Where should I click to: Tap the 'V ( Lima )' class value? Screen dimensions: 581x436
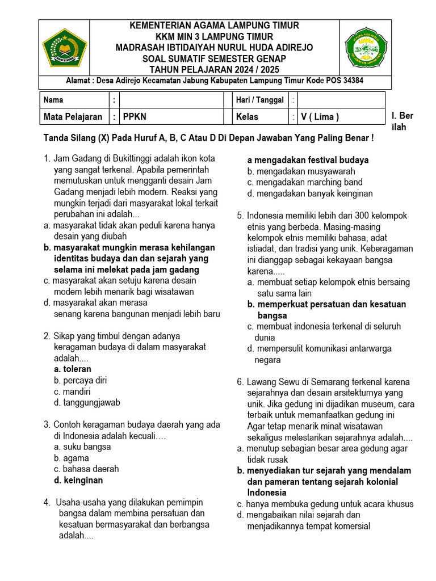(x=320, y=117)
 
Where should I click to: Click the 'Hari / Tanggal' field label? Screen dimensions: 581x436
(x=260, y=100)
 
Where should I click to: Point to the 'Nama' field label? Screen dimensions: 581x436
(x=53, y=100)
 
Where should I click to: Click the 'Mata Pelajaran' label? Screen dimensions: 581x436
(x=73, y=117)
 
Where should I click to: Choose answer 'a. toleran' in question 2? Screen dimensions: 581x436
(x=73, y=369)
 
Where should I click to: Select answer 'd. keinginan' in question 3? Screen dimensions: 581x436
(x=78, y=480)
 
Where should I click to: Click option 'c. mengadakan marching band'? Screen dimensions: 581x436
(x=305, y=182)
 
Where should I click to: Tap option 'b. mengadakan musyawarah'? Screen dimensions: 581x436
(x=301, y=171)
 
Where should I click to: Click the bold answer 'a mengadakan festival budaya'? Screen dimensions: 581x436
(x=308, y=160)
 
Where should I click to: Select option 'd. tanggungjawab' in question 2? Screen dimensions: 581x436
(x=87, y=403)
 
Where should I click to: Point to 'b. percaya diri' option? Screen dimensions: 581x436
(x=80, y=381)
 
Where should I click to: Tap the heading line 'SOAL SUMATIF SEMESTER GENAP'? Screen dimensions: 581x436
(x=215, y=59)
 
